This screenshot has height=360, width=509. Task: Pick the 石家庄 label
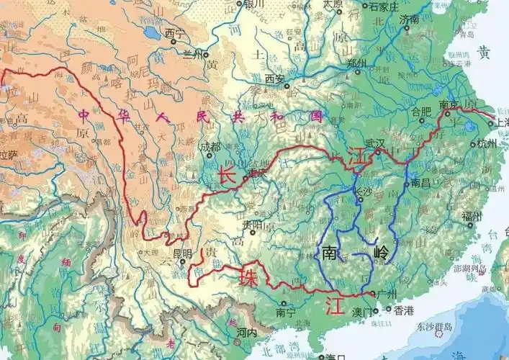[x=384, y=8]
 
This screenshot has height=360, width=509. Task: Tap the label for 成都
[x=211, y=147]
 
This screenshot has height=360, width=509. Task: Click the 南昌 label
[x=420, y=184]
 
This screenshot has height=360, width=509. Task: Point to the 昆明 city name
[x=181, y=253]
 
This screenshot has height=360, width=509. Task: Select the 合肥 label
[x=420, y=112]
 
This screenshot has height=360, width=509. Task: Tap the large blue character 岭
[x=383, y=253]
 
